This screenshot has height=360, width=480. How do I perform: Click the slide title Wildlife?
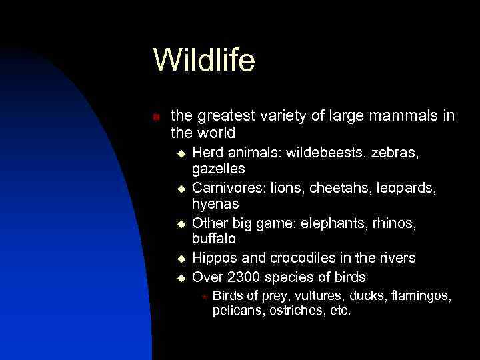click(204, 60)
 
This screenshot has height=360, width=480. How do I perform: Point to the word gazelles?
click(219, 169)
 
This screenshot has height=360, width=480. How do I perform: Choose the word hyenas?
click(215, 203)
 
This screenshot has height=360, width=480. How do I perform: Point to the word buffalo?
click(214, 238)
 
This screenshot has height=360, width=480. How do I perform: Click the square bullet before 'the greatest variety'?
click(156, 117)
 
